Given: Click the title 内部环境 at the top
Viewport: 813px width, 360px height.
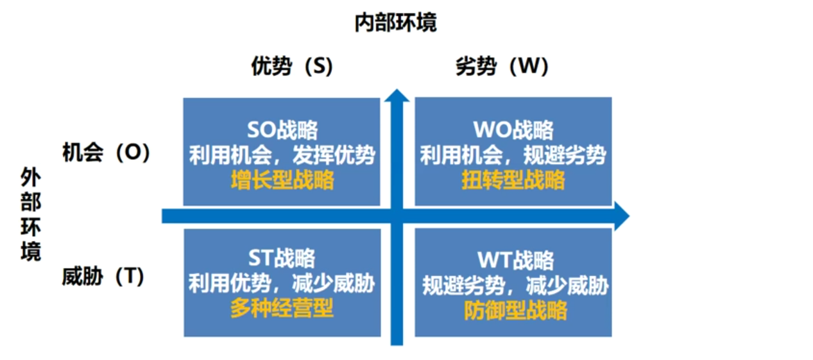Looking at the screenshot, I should (x=395, y=22).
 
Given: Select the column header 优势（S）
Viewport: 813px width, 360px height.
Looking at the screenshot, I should (x=292, y=67).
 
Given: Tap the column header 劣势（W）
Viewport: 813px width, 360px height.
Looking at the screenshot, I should (x=502, y=67).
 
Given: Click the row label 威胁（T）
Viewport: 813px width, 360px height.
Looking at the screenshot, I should (x=103, y=277).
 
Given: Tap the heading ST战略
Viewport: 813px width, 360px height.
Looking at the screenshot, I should (x=282, y=258).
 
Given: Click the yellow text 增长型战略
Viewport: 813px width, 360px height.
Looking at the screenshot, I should (x=282, y=180).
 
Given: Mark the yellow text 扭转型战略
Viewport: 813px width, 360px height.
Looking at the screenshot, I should (x=513, y=180).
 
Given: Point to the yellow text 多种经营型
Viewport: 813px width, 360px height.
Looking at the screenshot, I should (x=282, y=309).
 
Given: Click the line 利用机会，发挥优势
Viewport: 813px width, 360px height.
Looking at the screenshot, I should (x=282, y=155).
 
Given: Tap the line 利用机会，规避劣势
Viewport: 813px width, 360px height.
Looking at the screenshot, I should (x=513, y=155).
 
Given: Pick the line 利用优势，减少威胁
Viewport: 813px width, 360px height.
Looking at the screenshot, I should (x=282, y=283).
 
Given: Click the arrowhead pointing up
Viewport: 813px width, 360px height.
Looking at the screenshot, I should (x=397, y=96).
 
